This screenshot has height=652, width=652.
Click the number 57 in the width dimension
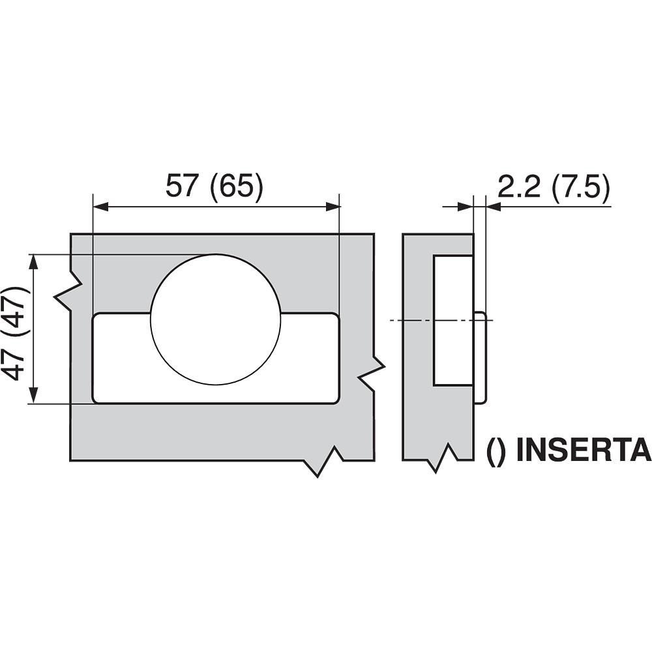pos(181,186)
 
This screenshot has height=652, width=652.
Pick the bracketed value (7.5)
pos(581,187)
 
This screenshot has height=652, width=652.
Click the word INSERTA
pos(584,449)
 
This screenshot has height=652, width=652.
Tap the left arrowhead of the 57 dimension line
pos(100,206)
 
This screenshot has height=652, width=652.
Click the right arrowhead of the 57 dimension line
pos(333,206)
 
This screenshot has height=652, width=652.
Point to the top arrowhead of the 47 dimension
pos(34,262)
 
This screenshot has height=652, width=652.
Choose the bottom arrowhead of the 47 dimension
pos(34,396)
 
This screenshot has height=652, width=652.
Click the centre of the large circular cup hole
pos(216,319)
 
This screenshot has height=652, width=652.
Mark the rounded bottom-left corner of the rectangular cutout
pos(95,400)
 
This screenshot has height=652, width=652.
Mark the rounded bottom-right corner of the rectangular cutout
pos(336,400)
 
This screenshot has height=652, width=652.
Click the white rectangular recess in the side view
pos(453,321)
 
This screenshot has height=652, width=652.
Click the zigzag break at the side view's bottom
pos(442,458)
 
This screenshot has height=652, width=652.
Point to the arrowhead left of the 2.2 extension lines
pos(466,206)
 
